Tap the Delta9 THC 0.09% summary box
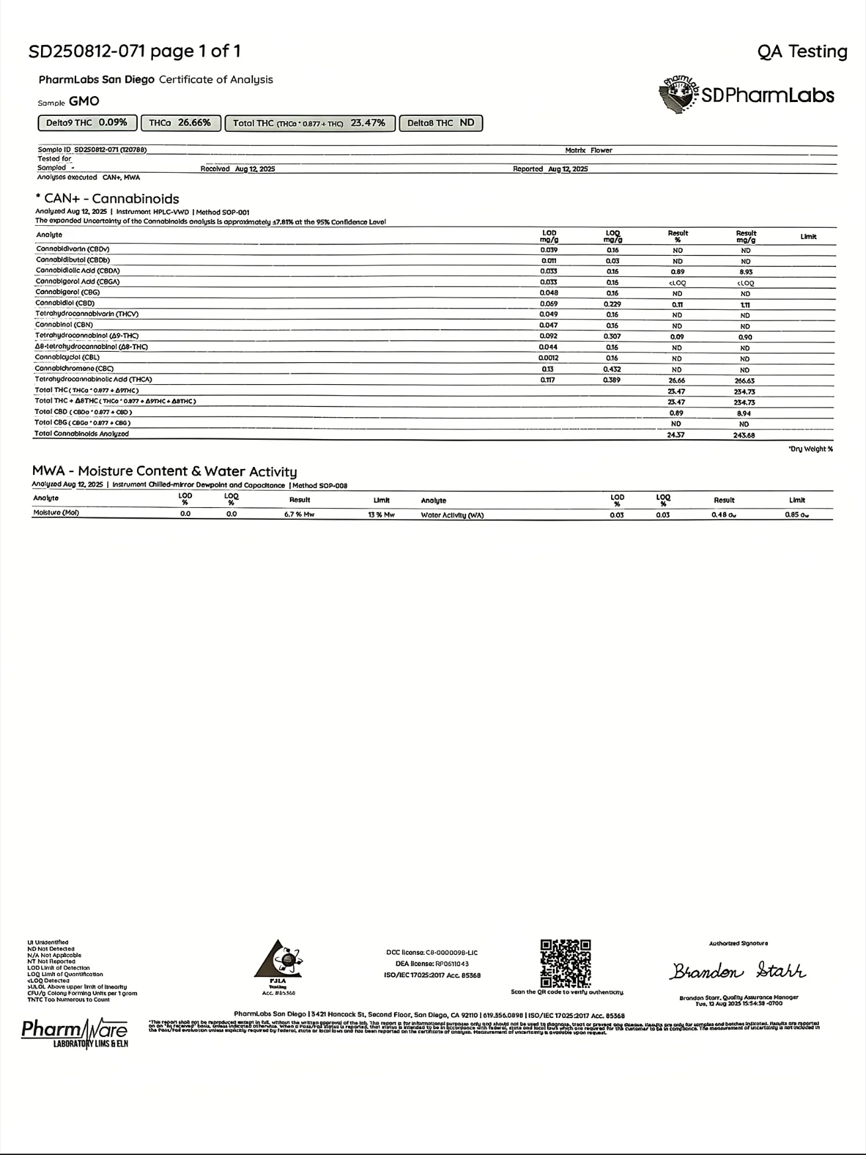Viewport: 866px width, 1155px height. click(x=87, y=123)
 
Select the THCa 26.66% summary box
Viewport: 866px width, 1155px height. click(x=180, y=123)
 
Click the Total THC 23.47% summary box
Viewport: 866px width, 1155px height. click(x=309, y=123)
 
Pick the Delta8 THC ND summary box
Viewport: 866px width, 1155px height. click(x=440, y=123)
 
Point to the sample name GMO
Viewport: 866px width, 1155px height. click(x=84, y=101)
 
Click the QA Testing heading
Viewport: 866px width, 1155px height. click(x=802, y=52)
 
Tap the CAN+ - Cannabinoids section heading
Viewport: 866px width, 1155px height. click(x=108, y=199)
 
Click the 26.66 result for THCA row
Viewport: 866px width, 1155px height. click(x=677, y=380)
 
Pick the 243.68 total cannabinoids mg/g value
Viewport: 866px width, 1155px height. click(x=744, y=435)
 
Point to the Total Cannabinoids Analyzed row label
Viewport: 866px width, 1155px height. click(x=81, y=434)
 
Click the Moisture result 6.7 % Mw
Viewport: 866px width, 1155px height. click(x=299, y=514)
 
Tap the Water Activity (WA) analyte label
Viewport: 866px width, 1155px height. click(x=452, y=515)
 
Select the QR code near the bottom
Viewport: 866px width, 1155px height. click(x=566, y=963)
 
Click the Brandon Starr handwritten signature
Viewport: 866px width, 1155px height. click(x=738, y=971)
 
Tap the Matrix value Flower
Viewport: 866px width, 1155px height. click(x=601, y=150)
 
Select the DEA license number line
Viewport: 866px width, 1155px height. click(x=432, y=964)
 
